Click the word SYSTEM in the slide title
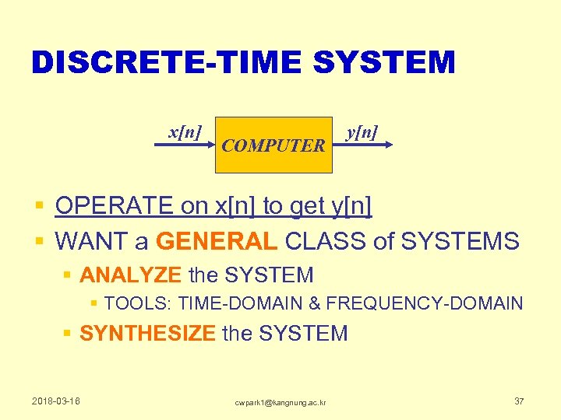(x=383, y=62)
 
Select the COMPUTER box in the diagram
(x=273, y=145)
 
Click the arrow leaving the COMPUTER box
(x=366, y=145)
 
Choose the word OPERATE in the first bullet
(x=114, y=206)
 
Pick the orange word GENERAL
(x=217, y=241)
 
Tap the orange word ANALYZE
(x=131, y=275)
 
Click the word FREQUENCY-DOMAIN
(x=424, y=303)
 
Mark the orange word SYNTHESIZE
(x=147, y=334)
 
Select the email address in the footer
(x=280, y=401)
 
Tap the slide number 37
(x=519, y=401)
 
